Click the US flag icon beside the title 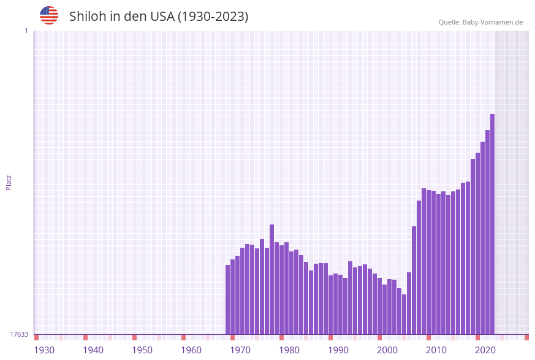tap(49, 15)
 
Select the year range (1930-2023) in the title tap(213, 17)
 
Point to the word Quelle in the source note tap(450, 22)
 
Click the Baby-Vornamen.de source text tap(493, 22)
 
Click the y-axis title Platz tap(9, 182)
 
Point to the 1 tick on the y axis tap(26, 31)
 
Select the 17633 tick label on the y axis tap(19, 334)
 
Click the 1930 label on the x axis tap(44, 350)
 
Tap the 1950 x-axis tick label tap(142, 350)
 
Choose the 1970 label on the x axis tap(240, 350)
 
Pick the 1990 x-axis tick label tap(338, 350)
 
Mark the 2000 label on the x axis tap(387, 350)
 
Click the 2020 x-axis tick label tap(485, 350)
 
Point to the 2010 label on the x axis tap(436, 350)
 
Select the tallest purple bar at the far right tap(492, 224)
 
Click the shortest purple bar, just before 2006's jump tap(404, 314)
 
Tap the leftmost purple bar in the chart tap(228, 299)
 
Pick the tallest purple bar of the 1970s tap(272, 279)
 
